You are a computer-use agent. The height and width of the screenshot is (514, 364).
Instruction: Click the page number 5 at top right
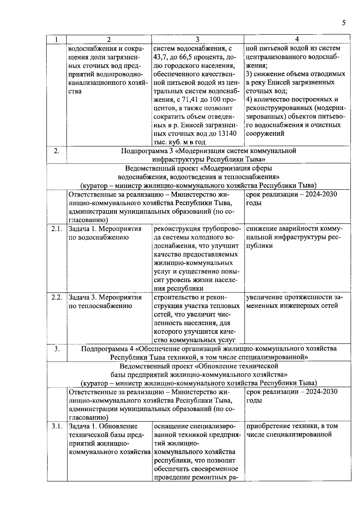[x=343, y=23]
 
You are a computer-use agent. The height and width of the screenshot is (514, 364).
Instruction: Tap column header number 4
[x=297, y=39]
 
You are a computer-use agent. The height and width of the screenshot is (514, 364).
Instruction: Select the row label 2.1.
[x=56, y=229]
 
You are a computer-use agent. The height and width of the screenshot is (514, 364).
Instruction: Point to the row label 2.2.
[x=56, y=297]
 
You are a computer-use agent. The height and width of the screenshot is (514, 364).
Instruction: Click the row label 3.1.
[x=56, y=426]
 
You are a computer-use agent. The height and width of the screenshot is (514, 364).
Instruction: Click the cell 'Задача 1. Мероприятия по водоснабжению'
[x=105, y=233]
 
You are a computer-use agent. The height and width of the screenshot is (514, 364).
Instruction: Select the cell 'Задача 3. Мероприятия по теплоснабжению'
[x=105, y=301]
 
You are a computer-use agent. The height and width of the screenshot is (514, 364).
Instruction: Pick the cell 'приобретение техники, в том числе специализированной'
[x=292, y=430]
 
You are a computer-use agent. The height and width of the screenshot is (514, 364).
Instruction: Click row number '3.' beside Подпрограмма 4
[x=56, y=349]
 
